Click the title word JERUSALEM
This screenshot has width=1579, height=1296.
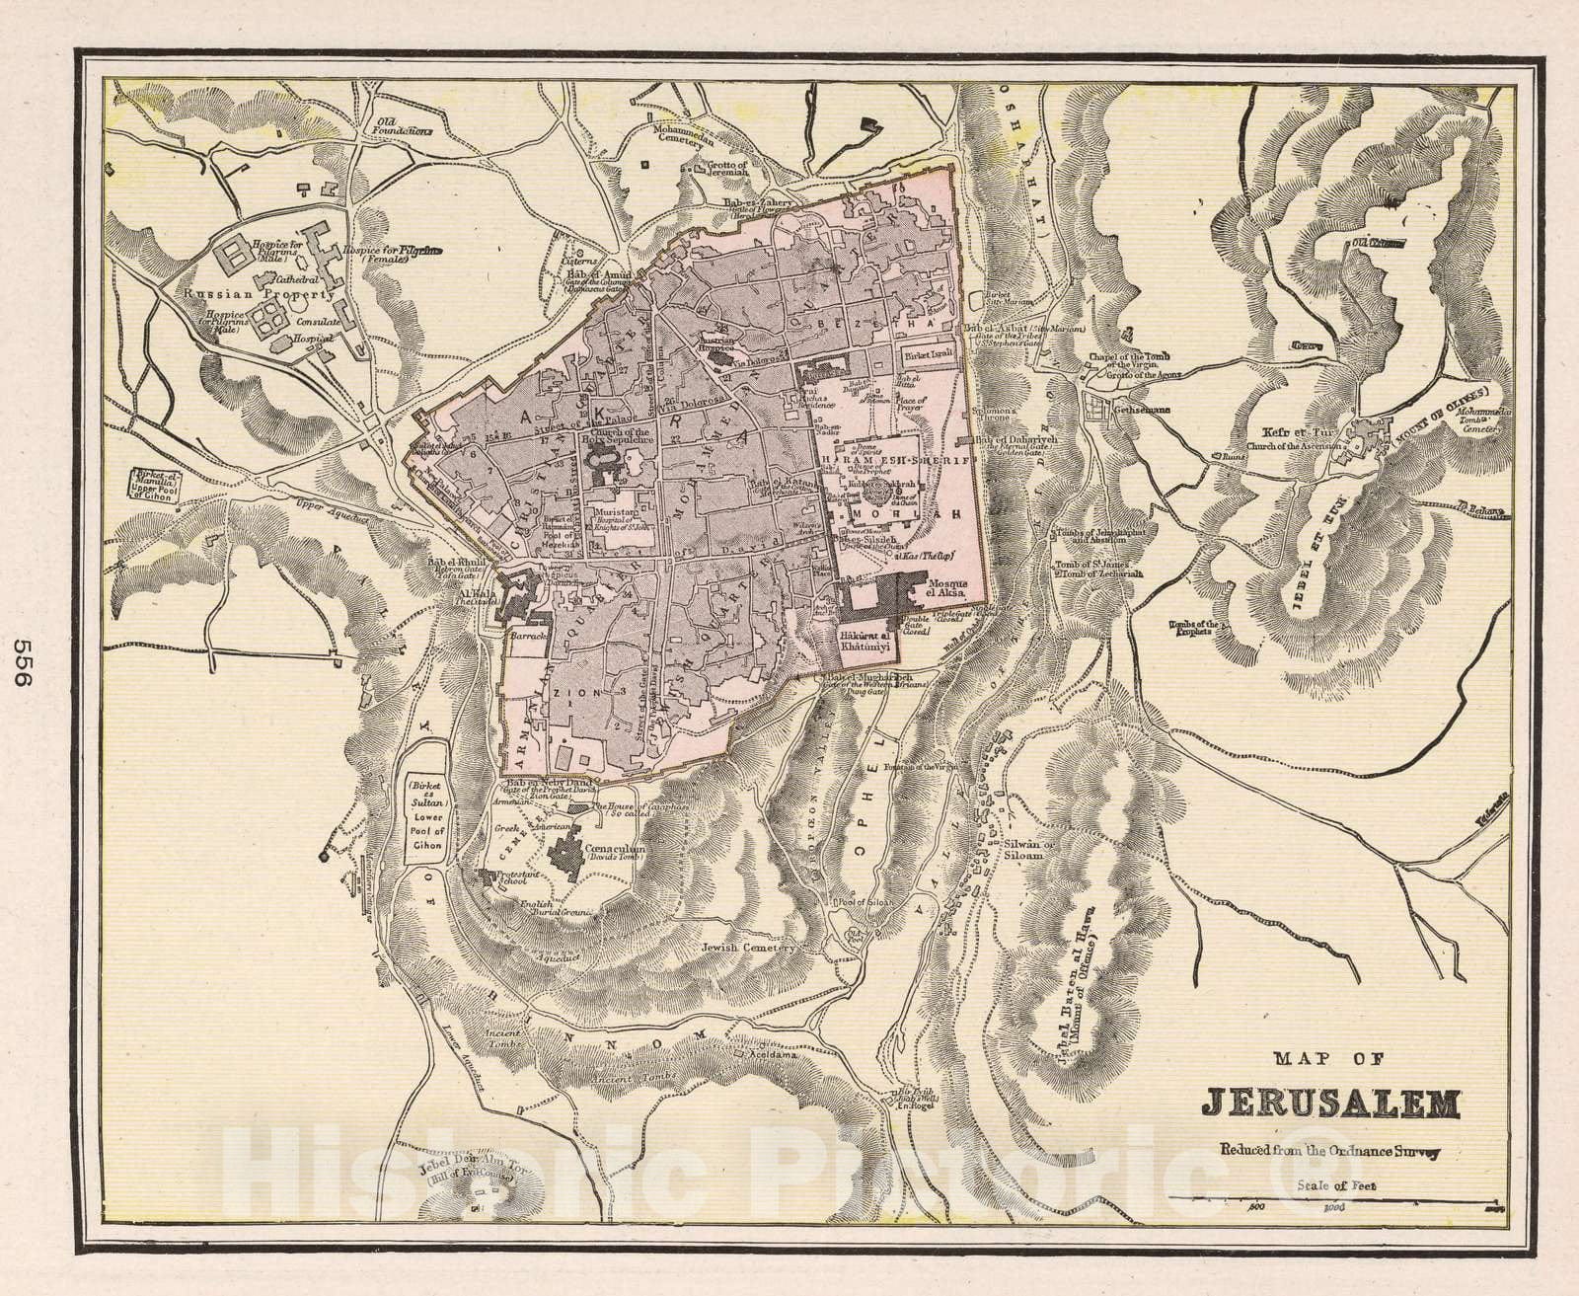coord(1330,1104)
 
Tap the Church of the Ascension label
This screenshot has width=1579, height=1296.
coord(1292,446)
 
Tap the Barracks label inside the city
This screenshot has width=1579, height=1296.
coord(529,639)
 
